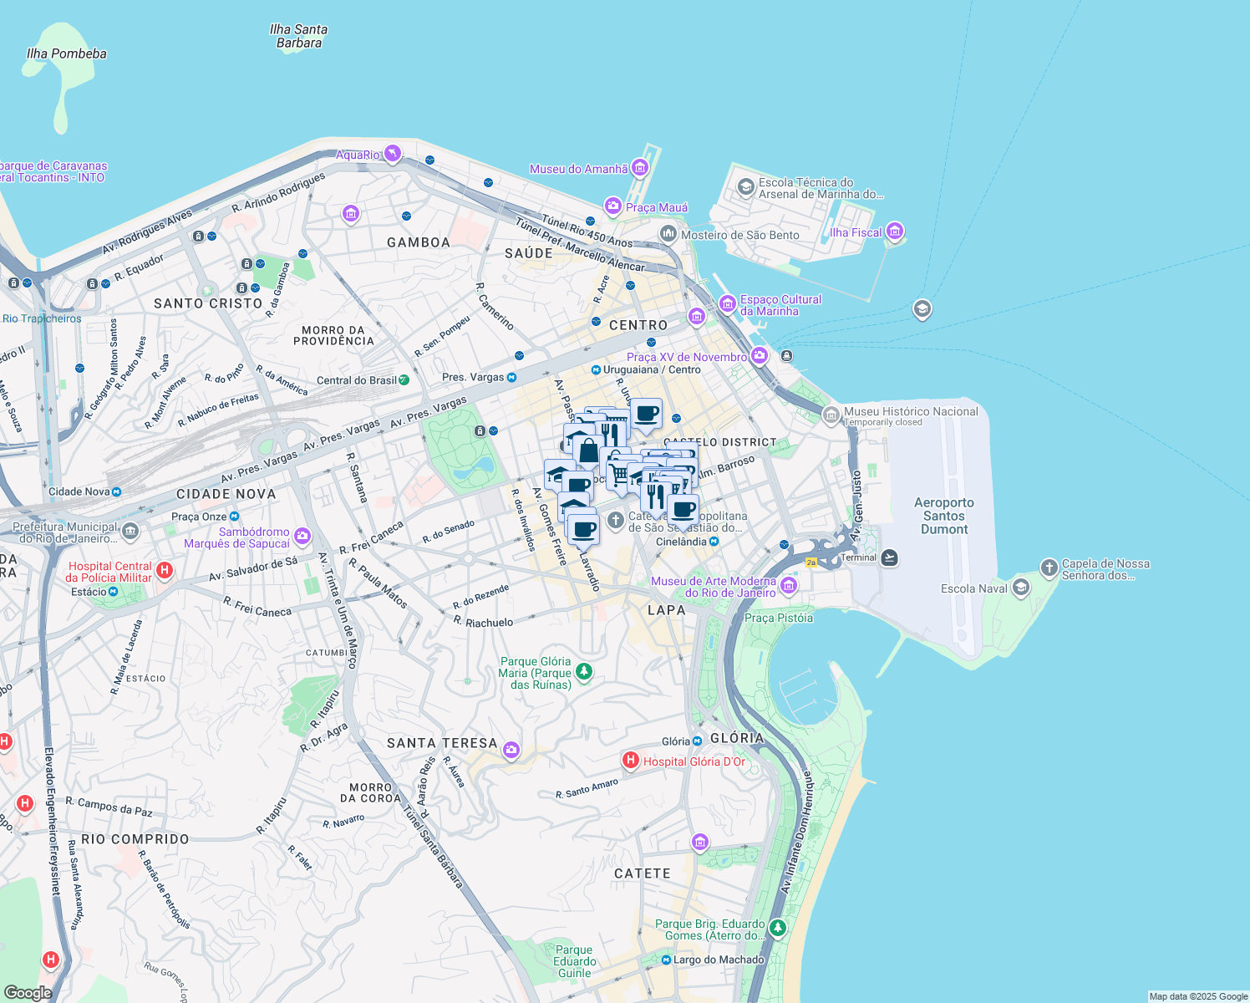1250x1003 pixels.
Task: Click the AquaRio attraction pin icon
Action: click(x=392, y=153)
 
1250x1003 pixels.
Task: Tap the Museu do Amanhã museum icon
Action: click(x=639, y=169)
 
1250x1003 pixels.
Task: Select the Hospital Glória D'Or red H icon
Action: click(x=631, y=761)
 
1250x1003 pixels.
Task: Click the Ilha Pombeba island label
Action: click(x=67, y=53)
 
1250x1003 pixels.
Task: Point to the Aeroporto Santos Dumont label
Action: click(x=944, y=516)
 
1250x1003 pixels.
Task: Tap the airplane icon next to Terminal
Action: click(x=890, y=558)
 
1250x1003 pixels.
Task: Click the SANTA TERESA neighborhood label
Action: click(x=442, y=743)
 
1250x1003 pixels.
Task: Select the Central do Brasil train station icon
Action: click(x=404, y=380)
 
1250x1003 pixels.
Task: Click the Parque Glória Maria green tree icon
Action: click(x=584, y=672)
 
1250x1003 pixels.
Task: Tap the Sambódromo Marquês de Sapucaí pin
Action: click(x=302, y=536)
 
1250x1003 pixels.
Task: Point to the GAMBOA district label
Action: click(x=419, y=242)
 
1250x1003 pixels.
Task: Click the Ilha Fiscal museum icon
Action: click(x=895, y=231)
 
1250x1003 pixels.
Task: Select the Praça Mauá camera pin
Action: click(x=613, y=206)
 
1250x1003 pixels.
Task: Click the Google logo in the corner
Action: click(x=28, y=992)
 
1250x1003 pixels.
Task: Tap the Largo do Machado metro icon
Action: click(x=666, y=960)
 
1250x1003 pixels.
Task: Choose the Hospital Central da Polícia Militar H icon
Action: click(x=165, y=571)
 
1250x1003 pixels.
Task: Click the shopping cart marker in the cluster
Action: click(x=618, y=475)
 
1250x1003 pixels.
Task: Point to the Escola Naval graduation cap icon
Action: click(x=1020, y=588)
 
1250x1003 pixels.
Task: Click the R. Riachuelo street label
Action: click(x=484, y=623)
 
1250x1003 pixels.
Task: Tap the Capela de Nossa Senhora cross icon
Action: click(x=1049, y=568)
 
